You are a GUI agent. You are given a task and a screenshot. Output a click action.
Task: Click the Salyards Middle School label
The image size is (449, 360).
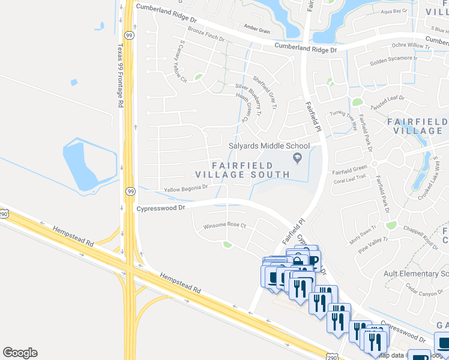[x=269, y=146]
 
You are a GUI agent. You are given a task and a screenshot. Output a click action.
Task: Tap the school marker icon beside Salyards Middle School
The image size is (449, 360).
[x=296, y=158]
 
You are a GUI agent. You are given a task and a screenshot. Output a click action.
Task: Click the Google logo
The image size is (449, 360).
[x=20, y=353]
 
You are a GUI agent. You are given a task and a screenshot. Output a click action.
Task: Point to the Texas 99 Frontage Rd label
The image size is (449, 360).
[x=120, y=76]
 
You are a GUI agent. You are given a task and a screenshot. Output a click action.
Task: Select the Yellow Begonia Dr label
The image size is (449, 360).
[x=185, y=188]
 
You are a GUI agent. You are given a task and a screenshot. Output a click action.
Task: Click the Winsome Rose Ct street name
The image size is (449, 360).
[x=225, y=225]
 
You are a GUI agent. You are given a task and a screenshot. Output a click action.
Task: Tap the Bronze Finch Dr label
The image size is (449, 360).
[x=206, y=34]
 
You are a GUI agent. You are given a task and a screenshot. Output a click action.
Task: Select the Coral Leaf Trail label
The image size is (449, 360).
[x=349, y=178]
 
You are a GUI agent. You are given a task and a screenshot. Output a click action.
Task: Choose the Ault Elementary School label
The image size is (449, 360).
[x=415, y=274]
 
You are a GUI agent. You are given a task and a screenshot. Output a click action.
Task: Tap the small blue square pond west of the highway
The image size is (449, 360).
[x=74, y=82]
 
